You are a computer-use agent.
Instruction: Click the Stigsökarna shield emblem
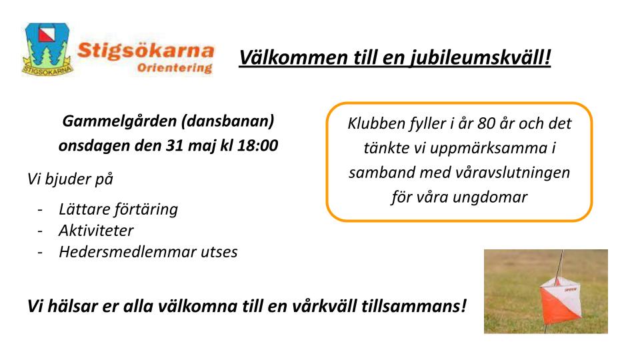coord(47,49)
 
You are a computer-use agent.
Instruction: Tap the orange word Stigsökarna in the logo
coord(146,51)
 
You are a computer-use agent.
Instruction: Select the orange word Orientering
coord(175,67)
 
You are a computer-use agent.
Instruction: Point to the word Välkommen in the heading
coord(293,57)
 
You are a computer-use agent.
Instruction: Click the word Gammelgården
coord(119,121)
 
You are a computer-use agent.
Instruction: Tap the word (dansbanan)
coord(228,121)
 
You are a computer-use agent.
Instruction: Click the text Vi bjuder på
coord(70,179)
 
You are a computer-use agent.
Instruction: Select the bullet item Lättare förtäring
coord(119,209)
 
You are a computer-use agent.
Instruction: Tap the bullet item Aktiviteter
coord(96,231)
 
